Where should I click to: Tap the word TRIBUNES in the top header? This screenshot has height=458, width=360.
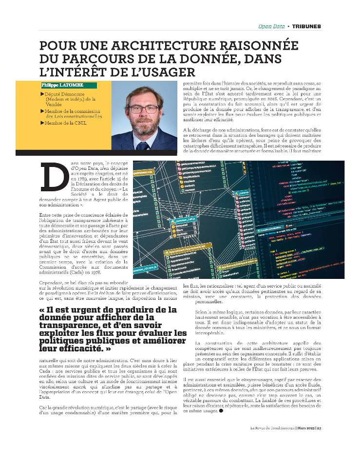(306, 26)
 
